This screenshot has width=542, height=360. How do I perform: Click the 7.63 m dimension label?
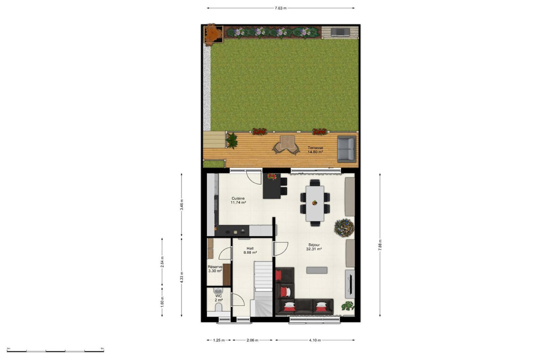pos(281,8)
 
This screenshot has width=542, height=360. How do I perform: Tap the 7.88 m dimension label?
pos(380,245)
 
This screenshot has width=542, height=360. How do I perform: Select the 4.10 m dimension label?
pos(315,340)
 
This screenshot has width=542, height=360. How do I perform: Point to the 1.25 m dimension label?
pos(219,340)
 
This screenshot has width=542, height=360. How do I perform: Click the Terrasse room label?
pos(315,148)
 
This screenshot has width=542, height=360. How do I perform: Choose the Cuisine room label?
pos(238,198)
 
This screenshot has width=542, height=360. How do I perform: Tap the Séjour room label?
pos(314,245)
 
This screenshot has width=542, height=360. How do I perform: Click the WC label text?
pos(218,296)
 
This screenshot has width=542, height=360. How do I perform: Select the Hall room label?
pos(250,248)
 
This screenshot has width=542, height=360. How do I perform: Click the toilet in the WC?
pos(218,307)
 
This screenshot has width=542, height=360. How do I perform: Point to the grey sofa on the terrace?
pos(347,149)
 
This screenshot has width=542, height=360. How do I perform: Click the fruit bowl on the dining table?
pos(314,203)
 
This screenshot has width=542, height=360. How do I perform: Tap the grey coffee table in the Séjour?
pos(317,270)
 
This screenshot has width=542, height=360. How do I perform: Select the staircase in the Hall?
pos(263,289)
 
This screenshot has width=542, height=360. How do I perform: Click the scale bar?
pos(55,351)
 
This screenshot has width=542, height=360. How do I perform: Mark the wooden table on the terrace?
pos(287,142)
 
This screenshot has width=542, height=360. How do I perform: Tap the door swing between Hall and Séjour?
pos(281,249)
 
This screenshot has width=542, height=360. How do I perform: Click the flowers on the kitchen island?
pos(272,177)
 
